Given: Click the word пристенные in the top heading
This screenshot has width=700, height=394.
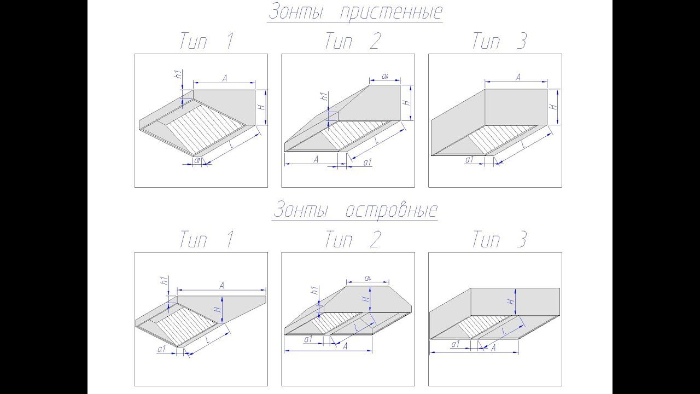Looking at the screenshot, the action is pyautogui.click(x=391, y=13).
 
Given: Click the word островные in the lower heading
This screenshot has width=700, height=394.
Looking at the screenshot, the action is pyautogui.click(x=391, y=210).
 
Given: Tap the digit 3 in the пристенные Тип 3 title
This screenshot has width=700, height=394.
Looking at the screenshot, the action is pyautogui.click(x=521, y=41).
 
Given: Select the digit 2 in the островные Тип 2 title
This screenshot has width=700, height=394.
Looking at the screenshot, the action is pyautogui.click(x=375, y=239).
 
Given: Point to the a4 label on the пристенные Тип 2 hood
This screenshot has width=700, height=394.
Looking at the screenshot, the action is pyautogui.click(x=385, y=76).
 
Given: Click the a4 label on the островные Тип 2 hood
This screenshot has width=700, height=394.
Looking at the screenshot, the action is pyautogui.click(x=368, y=277).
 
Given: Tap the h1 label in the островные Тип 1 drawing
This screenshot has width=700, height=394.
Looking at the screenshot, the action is pyautogui.click(x=165, y=281).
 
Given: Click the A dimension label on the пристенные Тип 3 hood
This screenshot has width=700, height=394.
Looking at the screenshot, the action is pyautogui.click(x=518, y=77).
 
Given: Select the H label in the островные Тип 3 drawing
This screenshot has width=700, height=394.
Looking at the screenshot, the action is pyautogui.click(x=510, y=302).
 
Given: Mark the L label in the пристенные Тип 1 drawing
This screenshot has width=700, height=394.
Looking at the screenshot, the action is pyautogui.click(x=231, y=144).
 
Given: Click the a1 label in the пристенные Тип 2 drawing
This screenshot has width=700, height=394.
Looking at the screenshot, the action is pyautogui.click(x=367, y=162).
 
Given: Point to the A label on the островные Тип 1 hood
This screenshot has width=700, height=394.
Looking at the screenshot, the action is pyautogui.click(x=222, y=285).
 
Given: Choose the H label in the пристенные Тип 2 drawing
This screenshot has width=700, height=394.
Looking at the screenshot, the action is pyautogui.click(x=406, y=102).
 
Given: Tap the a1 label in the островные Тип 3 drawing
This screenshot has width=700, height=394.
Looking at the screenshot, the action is pyautogui.click(x=456, y=344).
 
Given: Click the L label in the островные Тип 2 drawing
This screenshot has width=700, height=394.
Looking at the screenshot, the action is pyautogui.click(x=357, y=328).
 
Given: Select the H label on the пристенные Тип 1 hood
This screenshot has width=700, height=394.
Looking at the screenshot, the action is pyautogui.click(x=261, y=107).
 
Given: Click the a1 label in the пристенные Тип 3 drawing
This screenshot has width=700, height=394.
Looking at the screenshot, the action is pyautogui.click(x=469, y=159).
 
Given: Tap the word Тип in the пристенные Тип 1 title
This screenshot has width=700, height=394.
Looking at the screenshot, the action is pyautogui.click(x=194, y=41).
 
